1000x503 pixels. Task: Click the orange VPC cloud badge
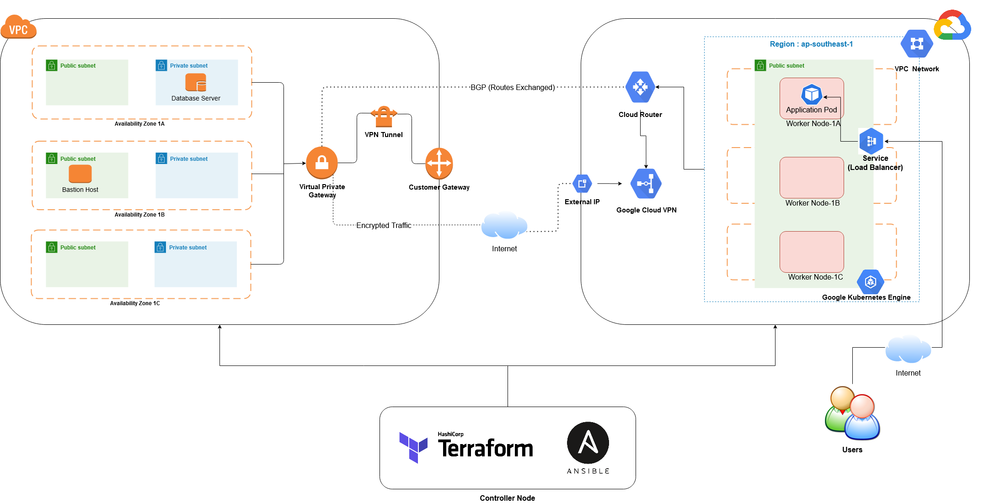pyautogui.click(x=18, y=27)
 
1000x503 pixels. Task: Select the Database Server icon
pyautogui.click(x=196, y=83)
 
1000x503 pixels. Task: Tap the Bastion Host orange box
pyautogui.click(x=80, y=174)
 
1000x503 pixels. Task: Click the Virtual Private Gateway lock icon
pyautogui.click(x=322, y=163)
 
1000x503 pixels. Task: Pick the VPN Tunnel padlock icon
pyautogui.click(x=384, y=116)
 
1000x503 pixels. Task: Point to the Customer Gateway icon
pyautogui.click(x=439, y=163)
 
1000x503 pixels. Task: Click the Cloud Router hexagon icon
pyautogui.click(x=640, y=87)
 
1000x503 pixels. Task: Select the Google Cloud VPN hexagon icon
pyautogui.click(x=646, y=184)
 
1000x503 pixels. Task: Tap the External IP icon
pyautogui.click(x=582, y=184)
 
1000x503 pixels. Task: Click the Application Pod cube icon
pyautogui.click(x=812, y=95)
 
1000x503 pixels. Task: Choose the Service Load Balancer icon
pyautogui.click(x=871, y=141)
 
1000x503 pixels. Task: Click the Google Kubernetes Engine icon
pyautogui.click(x=870, y=281)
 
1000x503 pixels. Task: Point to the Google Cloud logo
pyautogui.click(x=952, y=26)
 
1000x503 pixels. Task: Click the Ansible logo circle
pyautogui.click(x=588, y=443)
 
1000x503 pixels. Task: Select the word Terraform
pyautogui.click(x=486, y=448)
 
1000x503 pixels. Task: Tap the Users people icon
pyautogui.click(x=852, y=413)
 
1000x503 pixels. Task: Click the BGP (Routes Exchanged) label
pyautogui.click(x=513, y=87)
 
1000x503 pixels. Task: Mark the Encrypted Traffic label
pyautogui.click(x=384, y=225)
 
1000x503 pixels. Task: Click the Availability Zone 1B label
pyautogui.click(x=139, y=215)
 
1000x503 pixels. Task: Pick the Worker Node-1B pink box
pyautogui.click(x=812, y=177)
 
